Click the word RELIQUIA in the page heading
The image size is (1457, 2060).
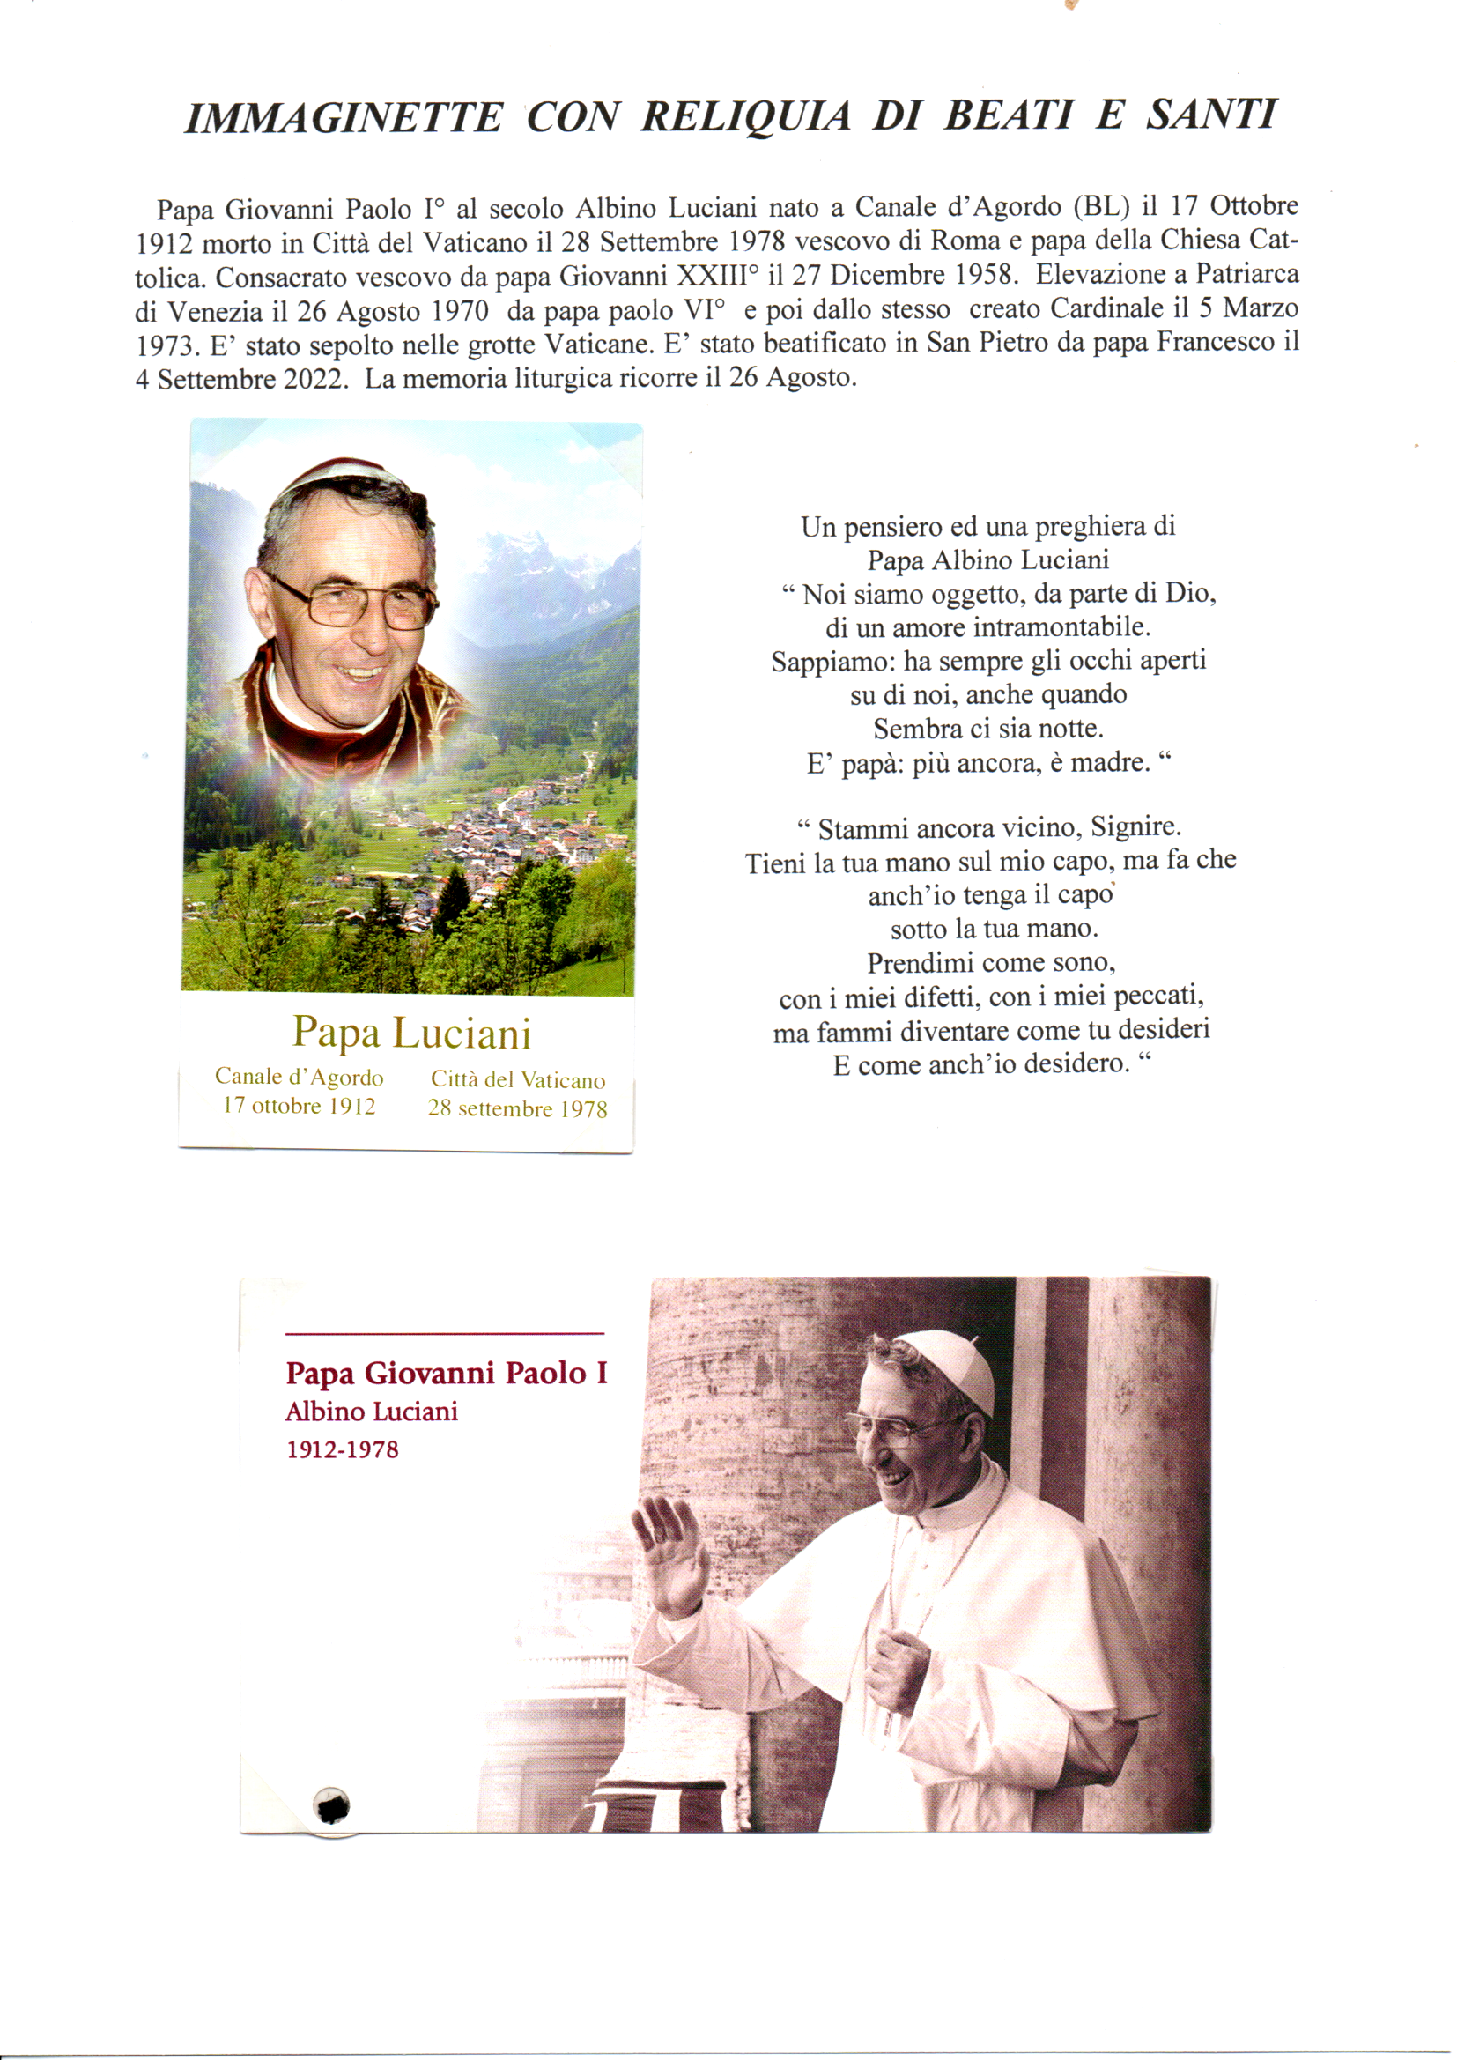point(744,117)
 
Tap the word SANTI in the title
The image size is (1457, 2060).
point(1210,115)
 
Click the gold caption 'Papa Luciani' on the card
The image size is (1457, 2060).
point(411,1034)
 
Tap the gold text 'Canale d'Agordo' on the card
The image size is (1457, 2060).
point(299,1077)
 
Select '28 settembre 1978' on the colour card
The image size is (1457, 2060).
point(518,1109)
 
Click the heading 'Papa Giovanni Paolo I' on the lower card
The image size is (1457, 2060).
point(447,1374)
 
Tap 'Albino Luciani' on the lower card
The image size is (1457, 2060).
point(372,1412)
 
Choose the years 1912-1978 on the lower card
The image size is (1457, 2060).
point(342,1450)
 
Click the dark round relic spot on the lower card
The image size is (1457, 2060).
point(331,1806)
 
